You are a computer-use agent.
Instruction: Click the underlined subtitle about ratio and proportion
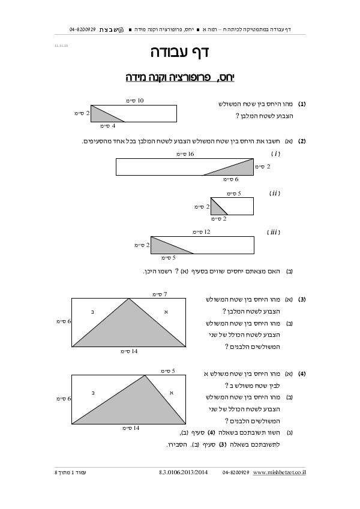pos(180,77)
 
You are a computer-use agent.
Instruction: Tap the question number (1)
pos(302,104)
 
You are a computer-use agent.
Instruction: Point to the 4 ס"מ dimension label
pos(107,127)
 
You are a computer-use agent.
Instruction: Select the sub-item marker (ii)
pos(275,193)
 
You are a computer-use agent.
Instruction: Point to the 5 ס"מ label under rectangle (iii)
pos(169,258)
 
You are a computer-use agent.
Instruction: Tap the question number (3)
pos(302,299)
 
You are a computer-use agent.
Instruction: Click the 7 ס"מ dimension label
pos(159,294)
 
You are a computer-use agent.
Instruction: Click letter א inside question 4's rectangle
pos(172,392)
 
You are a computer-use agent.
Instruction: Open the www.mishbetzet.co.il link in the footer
pos(279,473)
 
